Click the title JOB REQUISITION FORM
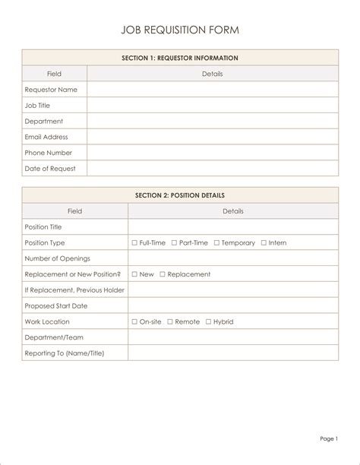[x=180, y=30]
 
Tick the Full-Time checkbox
[x=134, y=243]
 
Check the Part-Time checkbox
[x=174, y=243]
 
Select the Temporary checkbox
[x=216, y=243]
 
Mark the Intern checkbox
[x=264, y=243]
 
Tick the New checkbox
[x=134, y=274]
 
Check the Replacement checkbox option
[x=163, y=274]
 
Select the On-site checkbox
[x=134, y=322]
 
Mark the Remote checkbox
[x=170, y=322]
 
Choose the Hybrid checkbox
[x=208, y=322]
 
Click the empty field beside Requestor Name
[x=213, y=90]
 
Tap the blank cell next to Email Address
[x=213, y=138]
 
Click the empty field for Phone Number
[x=213, y=153]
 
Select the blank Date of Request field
[x=213, y=169]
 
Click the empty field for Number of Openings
[x=233, y=258]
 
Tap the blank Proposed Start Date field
[x=233, y=306]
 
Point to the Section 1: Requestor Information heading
[x=180, y=58]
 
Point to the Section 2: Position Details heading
[x=180, y=195]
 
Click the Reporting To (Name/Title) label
[x=65, y=353]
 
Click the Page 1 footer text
[x=329, y=439]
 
